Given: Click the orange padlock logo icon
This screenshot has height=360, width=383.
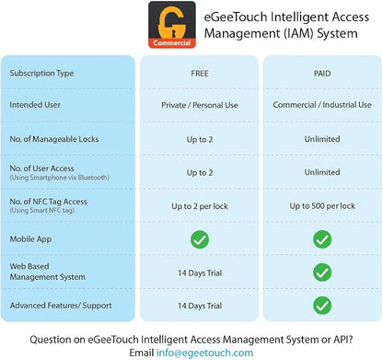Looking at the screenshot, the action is point(172,25).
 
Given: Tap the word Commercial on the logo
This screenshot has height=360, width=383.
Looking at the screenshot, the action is point(172,43).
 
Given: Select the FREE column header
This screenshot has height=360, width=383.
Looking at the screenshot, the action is point(200,74).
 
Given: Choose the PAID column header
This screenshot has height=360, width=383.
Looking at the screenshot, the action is point(322,74).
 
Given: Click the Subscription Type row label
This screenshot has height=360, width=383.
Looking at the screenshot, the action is point(41,74).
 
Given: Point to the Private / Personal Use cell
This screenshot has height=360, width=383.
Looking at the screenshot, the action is point(200,105).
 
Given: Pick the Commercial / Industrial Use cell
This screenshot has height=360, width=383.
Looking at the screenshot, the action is point(322,105).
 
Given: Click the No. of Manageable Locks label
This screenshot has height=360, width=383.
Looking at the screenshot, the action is point(54,139).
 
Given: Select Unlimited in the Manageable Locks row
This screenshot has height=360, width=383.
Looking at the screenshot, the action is point(322,139).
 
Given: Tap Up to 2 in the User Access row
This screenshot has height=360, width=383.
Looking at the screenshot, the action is point(200,173).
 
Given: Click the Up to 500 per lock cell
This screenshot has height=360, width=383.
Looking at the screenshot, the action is point(322,206).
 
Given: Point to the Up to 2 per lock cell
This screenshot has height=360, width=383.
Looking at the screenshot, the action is point(200,206).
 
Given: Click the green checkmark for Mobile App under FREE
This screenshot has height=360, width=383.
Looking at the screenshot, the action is point(200,239).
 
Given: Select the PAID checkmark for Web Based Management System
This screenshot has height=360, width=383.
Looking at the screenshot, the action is point(322,273).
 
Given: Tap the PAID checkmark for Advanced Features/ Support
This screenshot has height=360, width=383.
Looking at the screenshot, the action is point(322,306).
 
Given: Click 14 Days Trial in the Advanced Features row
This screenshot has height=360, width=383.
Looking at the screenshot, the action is point(200,306).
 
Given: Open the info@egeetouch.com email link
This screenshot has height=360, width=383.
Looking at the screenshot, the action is point(204,353).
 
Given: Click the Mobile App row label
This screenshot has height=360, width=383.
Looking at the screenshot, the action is point(30,239).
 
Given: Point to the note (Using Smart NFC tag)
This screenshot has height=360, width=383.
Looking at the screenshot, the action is point(42,211).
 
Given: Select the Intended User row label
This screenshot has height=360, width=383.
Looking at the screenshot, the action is point(35,105).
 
